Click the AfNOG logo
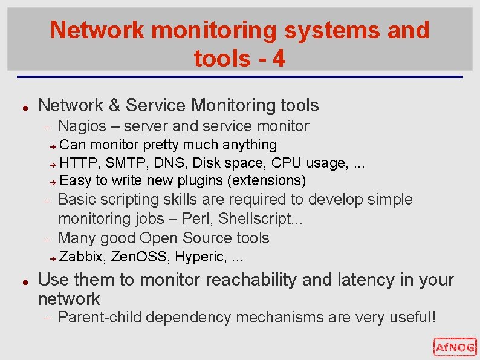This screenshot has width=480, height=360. pos(455,347)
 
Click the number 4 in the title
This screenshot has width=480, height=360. pos(279,59)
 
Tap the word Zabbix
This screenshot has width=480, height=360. pos(81,257)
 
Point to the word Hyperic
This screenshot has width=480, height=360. pos(198,257)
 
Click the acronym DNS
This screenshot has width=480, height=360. pos(165,163)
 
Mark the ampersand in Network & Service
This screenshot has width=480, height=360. pos(114,105)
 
